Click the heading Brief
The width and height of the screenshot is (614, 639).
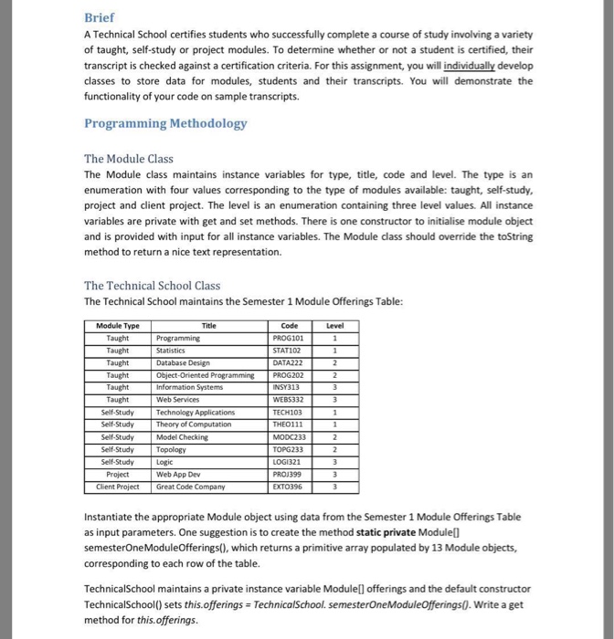[100, 17]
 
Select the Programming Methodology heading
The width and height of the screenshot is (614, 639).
[164, 124]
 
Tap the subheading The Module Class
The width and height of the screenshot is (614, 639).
[128, 158]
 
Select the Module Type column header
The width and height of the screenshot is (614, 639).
[118, 325]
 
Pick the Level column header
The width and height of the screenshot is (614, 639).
[334, 325]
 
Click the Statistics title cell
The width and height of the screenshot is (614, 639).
[173, 350]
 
